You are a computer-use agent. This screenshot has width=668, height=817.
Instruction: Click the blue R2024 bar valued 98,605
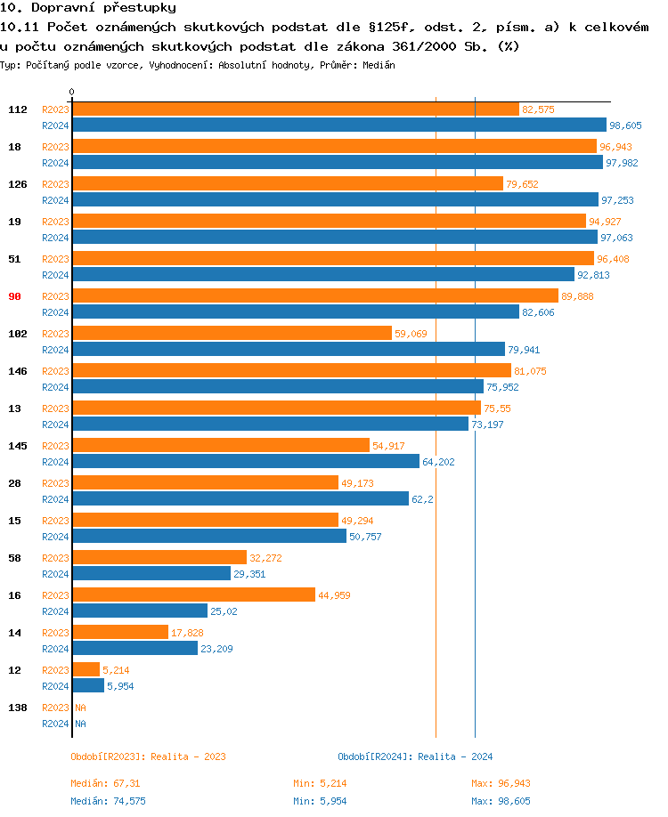click(x=338, y=125)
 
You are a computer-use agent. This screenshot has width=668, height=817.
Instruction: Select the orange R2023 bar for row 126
click(x=287, y=184)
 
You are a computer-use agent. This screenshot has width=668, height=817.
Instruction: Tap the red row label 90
click(x=14, y=296)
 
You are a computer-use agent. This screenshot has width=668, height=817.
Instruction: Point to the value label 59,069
click(x=411, y=334)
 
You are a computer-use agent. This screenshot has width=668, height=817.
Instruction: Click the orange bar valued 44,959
click(x=193, y=595)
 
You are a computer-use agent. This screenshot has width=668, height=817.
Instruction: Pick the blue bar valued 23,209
click(x=134, y=649)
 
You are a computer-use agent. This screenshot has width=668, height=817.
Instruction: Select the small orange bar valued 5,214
click(x=86, y=670)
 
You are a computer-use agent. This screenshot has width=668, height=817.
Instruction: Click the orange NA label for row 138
click(x=80, y=708)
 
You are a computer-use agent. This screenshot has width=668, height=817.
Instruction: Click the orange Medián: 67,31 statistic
click(x=105, y=783)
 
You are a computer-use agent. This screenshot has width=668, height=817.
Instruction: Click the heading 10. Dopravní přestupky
click(x=88, y=8)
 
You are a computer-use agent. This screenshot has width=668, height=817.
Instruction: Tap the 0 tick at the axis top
click(x=71, y=92)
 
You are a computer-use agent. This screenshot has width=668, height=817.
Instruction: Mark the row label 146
click(x=17, y=371)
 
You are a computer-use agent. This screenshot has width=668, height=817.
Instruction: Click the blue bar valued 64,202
click(x=245, y=462)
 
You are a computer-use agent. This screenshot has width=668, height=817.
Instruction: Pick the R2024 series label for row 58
click(x=55, y=574)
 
